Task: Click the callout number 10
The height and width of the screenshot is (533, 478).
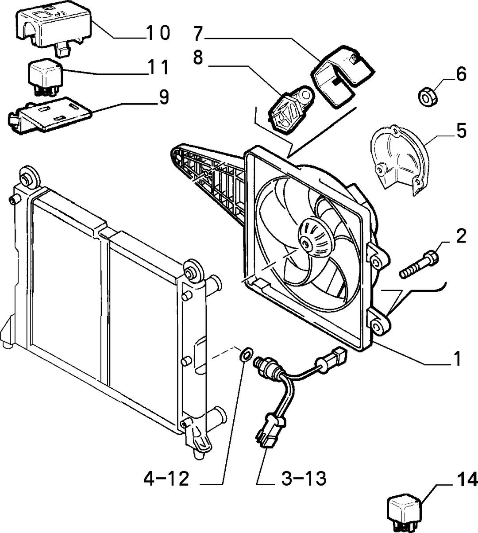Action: click(158, 33)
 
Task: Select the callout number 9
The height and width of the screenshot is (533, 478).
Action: click(164, 97)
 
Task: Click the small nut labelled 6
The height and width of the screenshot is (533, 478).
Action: click(427, 97)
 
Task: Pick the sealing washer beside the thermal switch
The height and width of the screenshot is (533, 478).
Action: click(246, 355)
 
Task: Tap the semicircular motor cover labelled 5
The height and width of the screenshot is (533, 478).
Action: click(400, 161)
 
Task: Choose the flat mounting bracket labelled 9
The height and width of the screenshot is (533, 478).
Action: click(50, 115)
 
